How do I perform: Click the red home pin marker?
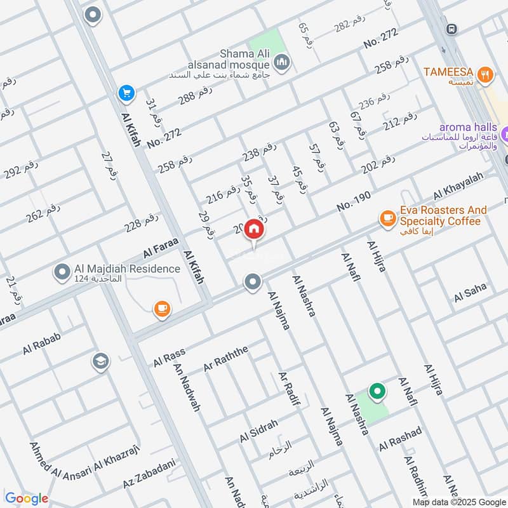(254, 229)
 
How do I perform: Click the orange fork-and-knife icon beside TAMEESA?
(486, 73)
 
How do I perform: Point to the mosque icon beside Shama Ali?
(283, 62)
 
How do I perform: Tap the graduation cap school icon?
(100, 361)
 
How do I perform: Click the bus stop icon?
(451, 29)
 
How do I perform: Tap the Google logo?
(27, 498)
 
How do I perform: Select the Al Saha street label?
(470, 292)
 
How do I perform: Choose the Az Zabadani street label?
(149, 473)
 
